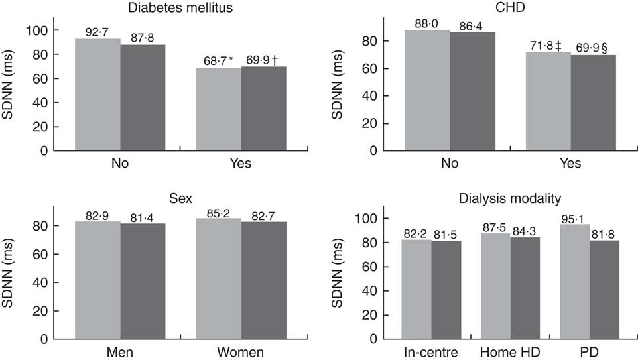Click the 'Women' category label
pos(241,351)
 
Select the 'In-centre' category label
pos(431,351)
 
